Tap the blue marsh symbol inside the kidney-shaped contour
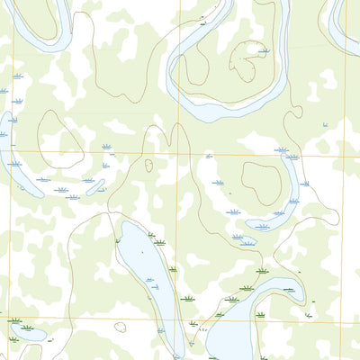click(263, 51)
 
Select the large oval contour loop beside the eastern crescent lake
click(261, 182)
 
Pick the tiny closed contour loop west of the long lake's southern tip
click(120, 328)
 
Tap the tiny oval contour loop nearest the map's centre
click(148, 165)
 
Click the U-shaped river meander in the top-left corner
click(40, 22)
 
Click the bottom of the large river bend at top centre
click(216, 112)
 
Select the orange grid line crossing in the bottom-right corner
click(341, 320)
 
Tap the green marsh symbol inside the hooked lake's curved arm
click(288, 290)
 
